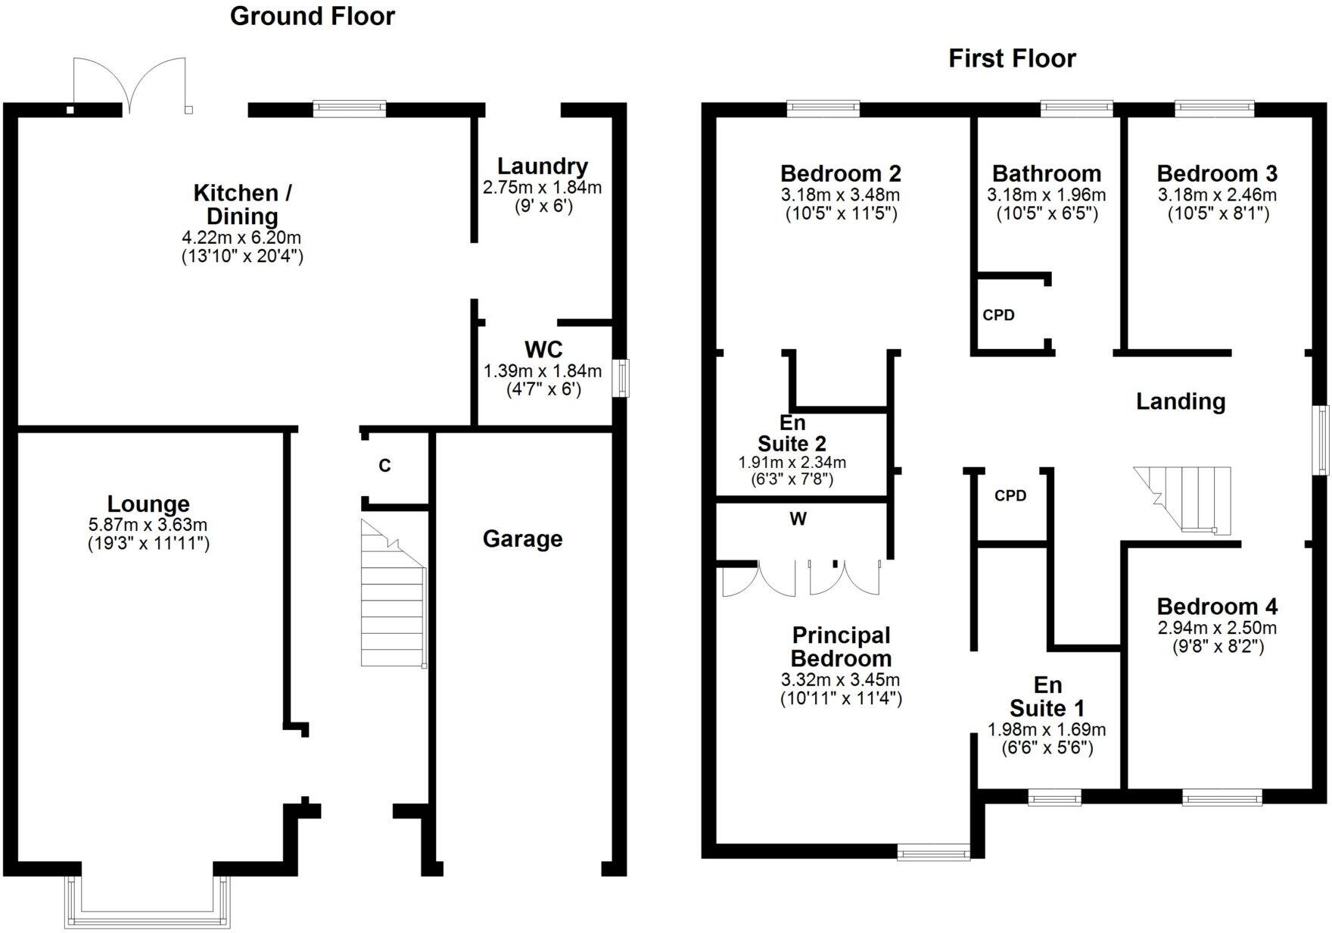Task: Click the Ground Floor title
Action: [x=312, y=16]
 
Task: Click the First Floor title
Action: [x=1012, y=58]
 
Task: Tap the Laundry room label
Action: [x=542, y=167]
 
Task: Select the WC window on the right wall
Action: [x=621, y=378]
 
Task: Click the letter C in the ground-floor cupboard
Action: [x=384, y=466]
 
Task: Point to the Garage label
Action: [x=522, y=539]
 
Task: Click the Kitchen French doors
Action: [x=130, y=85]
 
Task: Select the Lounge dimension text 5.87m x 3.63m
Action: [x=148, y=525]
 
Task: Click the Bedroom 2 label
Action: [x=840, y=173]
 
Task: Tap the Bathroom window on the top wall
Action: [x=1076, y=108]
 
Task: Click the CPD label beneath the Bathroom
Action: [x=998, y=315]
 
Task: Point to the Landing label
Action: [x=1181, y=401]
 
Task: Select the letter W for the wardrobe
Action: [x=798, y=520]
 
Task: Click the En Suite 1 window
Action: [x=1054, y=797]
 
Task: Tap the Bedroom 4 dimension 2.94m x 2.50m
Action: [x=1217, y=628]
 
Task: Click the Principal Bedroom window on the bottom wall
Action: [x=933, y=853]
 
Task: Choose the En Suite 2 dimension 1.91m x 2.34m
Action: [x=792, y=462]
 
